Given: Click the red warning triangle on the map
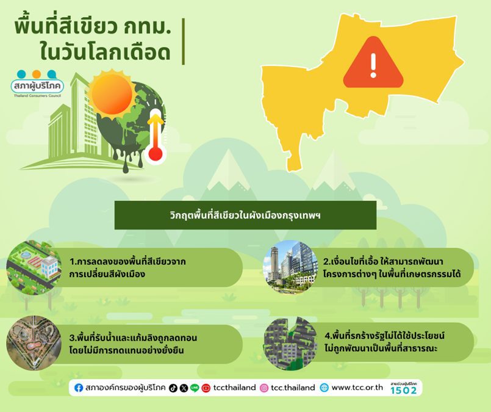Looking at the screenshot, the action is tap(373, 63).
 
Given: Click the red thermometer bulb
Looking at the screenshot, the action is tap(156, 154).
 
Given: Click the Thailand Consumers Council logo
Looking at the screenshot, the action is tap(37, 84).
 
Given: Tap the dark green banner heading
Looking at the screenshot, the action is tap(245, 215).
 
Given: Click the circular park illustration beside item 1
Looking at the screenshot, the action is tap(34, 267).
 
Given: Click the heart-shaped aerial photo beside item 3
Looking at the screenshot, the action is tap(34, 343).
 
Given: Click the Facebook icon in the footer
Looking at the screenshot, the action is tap(79, 388).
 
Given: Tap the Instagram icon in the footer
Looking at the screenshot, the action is tap(264, 388).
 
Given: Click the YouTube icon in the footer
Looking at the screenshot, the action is tap(206, 388).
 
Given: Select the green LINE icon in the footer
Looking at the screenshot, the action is tap(195, 388).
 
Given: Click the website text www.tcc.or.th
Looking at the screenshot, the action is tap(357, 388).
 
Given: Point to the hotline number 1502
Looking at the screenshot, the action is tap(404, 391).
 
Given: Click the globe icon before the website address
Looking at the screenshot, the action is tap(324, 388).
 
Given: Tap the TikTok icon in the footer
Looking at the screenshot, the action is tap(173, 388).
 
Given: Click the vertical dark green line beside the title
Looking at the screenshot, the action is tap(183, 42).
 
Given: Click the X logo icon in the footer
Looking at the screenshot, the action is tap(184, 388).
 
